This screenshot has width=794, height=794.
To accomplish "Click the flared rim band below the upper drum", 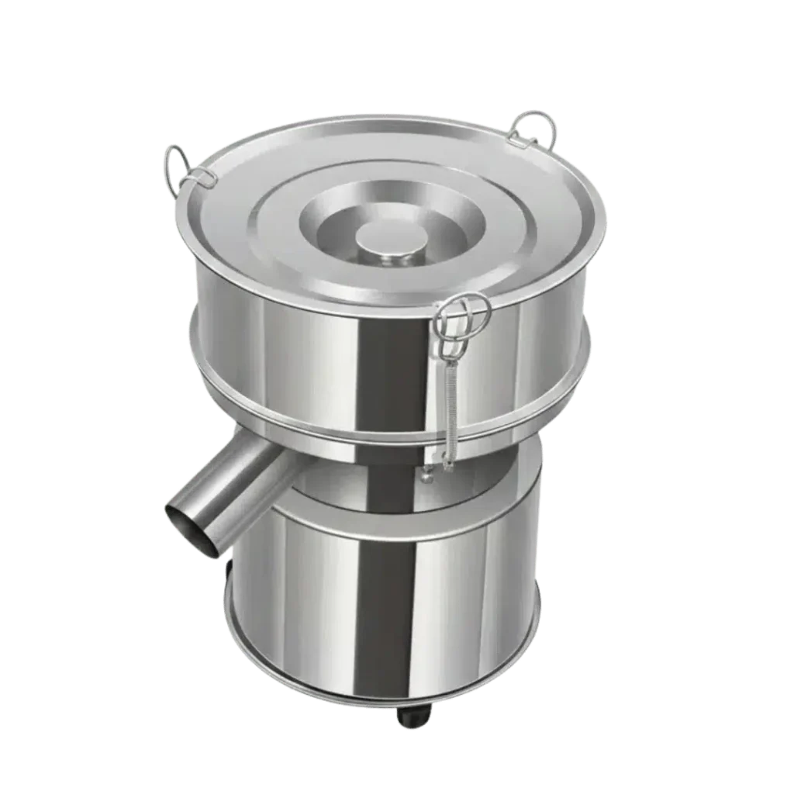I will tap(310, 423).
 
